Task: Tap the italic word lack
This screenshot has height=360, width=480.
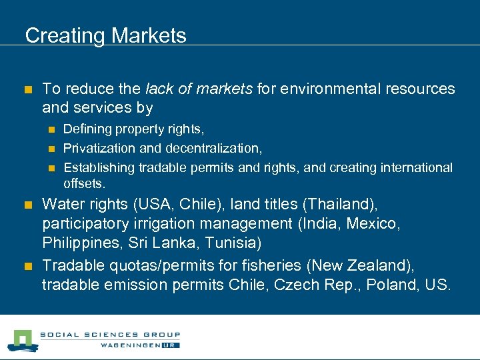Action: coord(157,89)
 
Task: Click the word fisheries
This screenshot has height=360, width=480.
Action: coord(269,266)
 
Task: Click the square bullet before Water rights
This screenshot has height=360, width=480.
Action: coord(28,204)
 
